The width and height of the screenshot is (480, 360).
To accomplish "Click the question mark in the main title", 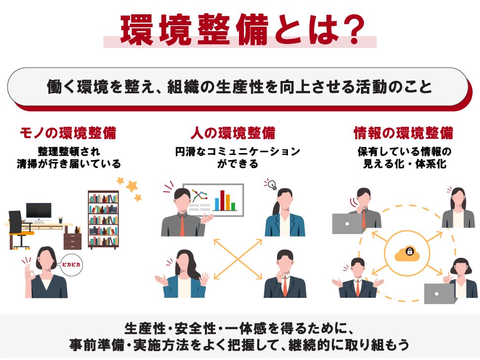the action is (x=352, y=29).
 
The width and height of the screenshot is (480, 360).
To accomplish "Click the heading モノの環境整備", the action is (x=68, y=133).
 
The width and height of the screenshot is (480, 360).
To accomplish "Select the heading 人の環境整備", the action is (x=233, y=133).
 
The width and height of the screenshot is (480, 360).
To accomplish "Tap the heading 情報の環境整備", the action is (x=403, y=133).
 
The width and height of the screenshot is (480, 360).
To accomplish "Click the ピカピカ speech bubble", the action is (x=72, y=265).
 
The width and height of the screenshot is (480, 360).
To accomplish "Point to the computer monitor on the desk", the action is (x=39, y=212).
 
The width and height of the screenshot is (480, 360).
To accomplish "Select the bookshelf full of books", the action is (x=103, y=219).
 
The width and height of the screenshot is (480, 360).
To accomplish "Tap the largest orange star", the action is (x=132, y=186).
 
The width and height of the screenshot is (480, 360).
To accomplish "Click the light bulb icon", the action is (x=271, y=184).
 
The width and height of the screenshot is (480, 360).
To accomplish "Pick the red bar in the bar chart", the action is (x=222, y=200).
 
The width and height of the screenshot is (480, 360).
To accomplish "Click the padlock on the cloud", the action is (x=409, y=251).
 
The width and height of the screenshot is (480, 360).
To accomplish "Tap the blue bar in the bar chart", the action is (x=217, y=204).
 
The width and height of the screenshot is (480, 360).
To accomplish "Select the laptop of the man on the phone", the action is (x=348, y=224).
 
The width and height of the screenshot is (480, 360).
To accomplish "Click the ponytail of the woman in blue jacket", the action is (x=276, y=209).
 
